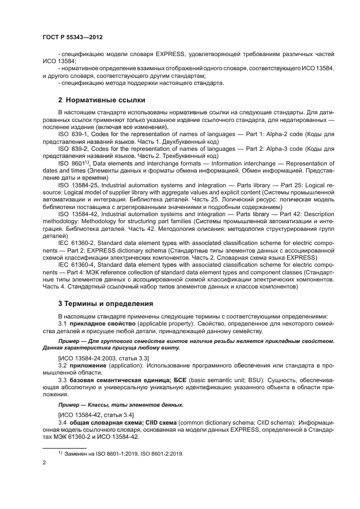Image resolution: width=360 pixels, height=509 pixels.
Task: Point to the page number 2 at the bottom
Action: coord(44,462)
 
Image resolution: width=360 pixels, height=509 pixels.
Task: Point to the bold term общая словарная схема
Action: coord(102,422)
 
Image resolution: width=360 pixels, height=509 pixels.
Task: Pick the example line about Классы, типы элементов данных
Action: coord(121,405)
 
